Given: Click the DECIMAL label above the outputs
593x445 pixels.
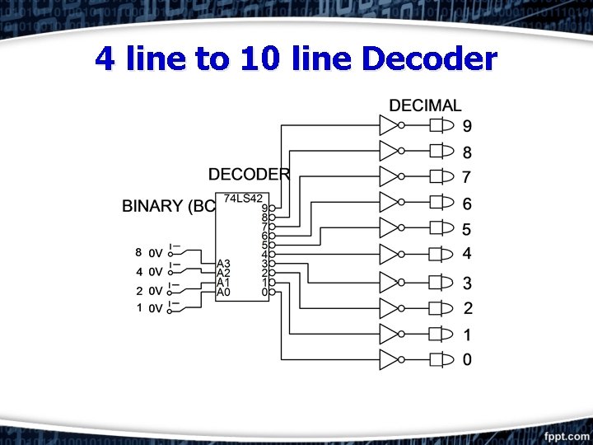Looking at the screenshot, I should (x=425, y=105).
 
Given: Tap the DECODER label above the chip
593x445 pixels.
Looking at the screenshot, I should (x=249, y=174).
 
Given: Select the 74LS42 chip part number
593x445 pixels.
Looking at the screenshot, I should (x=243, y=199).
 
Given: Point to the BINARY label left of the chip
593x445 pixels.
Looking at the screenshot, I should (x=168, y=206).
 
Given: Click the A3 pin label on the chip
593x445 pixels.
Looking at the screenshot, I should (x=223, y=264).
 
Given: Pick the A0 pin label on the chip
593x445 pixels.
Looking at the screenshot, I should (x=223, y=291).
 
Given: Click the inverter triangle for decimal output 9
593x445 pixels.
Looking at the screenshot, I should (x=389, y=125).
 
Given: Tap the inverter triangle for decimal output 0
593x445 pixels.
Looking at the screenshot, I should (x=389, y=359).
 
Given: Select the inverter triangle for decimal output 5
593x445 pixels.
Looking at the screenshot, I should (x=389, y=228).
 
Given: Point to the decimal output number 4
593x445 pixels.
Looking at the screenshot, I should (x=467, y=254).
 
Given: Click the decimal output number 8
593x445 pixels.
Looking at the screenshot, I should (x=467, y=152).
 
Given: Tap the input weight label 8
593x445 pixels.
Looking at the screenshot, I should (x=139, y=252).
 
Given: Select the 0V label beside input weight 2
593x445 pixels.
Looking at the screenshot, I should (x=156, y=291).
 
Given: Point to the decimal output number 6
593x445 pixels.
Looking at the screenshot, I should (x=467, y=204).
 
